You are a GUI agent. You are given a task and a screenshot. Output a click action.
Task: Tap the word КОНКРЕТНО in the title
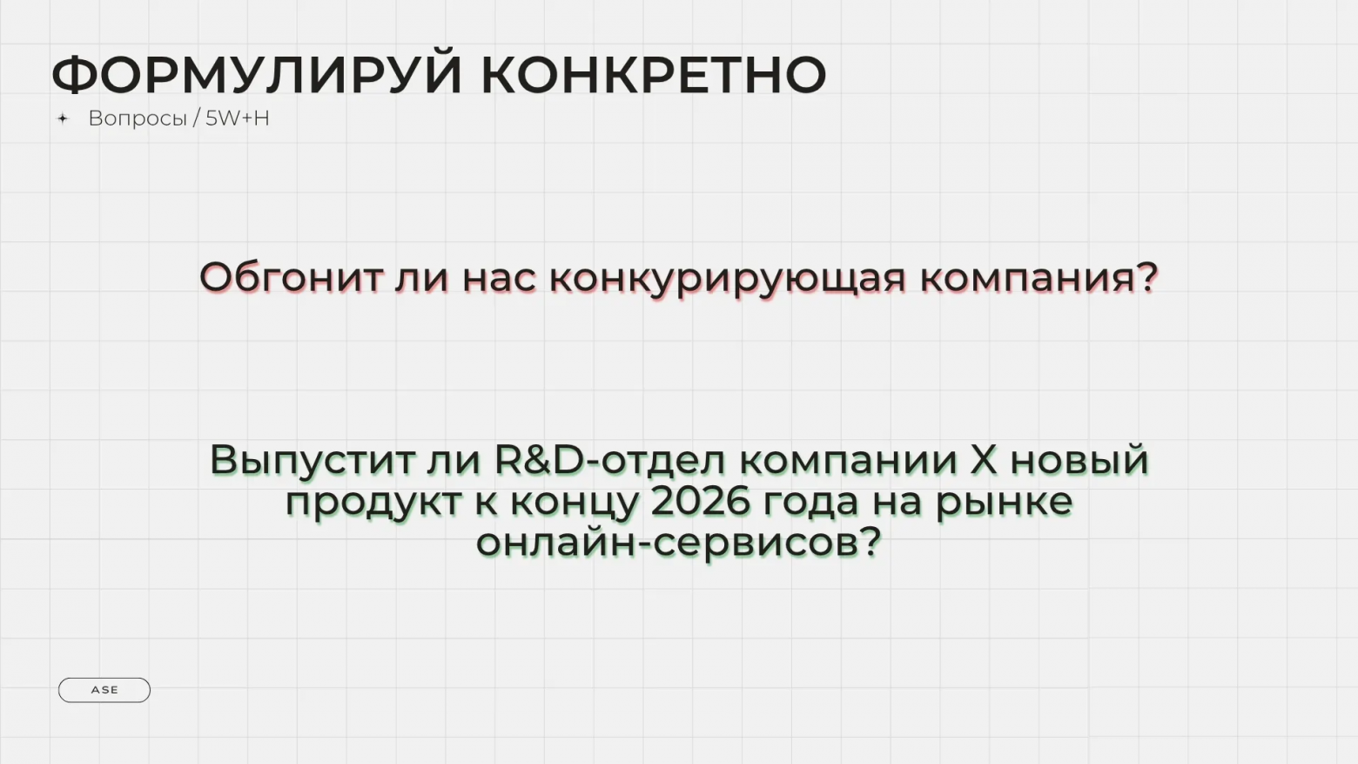pyautogui.click(x=653, y=75)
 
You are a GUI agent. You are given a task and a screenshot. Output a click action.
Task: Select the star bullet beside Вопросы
pyautogui.click(x=63, y=118)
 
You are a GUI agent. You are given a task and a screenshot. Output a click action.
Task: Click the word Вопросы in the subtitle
pyautogui.click(x=138, y=118)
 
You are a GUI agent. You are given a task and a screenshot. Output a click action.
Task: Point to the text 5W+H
pyautogui.click(x=238, y=118)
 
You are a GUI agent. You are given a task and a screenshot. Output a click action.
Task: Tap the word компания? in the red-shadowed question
pyautogui.click(x=1039, y=278)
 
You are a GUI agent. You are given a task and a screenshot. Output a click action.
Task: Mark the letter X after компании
pyautogui.click(x=984, y=460)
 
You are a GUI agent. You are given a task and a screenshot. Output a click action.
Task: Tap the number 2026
pyautogui.click(x=701, y=502)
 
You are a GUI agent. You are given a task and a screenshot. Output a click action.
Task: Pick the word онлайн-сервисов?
pyautogui.click(x=679, y=543)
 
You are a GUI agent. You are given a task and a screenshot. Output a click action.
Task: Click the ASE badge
pyautogui.click(x=104, y=690)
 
